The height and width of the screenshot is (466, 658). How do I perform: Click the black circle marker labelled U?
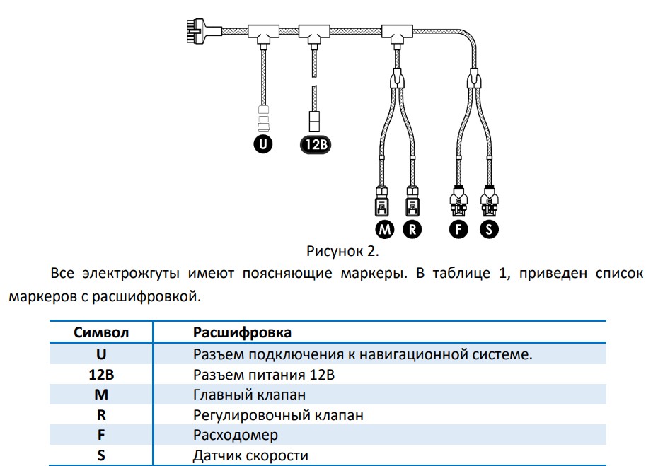point(263,145)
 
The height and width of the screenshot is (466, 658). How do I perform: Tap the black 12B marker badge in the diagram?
point(315,145)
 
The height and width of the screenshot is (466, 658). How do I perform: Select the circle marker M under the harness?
point(385,229)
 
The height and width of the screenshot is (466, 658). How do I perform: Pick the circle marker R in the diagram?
point(412,229)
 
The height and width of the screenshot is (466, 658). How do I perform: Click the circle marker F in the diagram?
point(459,229)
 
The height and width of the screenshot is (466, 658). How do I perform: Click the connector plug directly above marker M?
point(381,202)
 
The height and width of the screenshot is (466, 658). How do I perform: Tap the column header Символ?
point(101,332)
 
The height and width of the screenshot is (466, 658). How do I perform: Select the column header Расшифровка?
point(242,332)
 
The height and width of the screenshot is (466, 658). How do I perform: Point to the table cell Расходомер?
point(236,435)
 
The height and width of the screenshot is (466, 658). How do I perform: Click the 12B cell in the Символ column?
point(101,374)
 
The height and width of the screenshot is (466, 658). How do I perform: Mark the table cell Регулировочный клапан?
point(278,415)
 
